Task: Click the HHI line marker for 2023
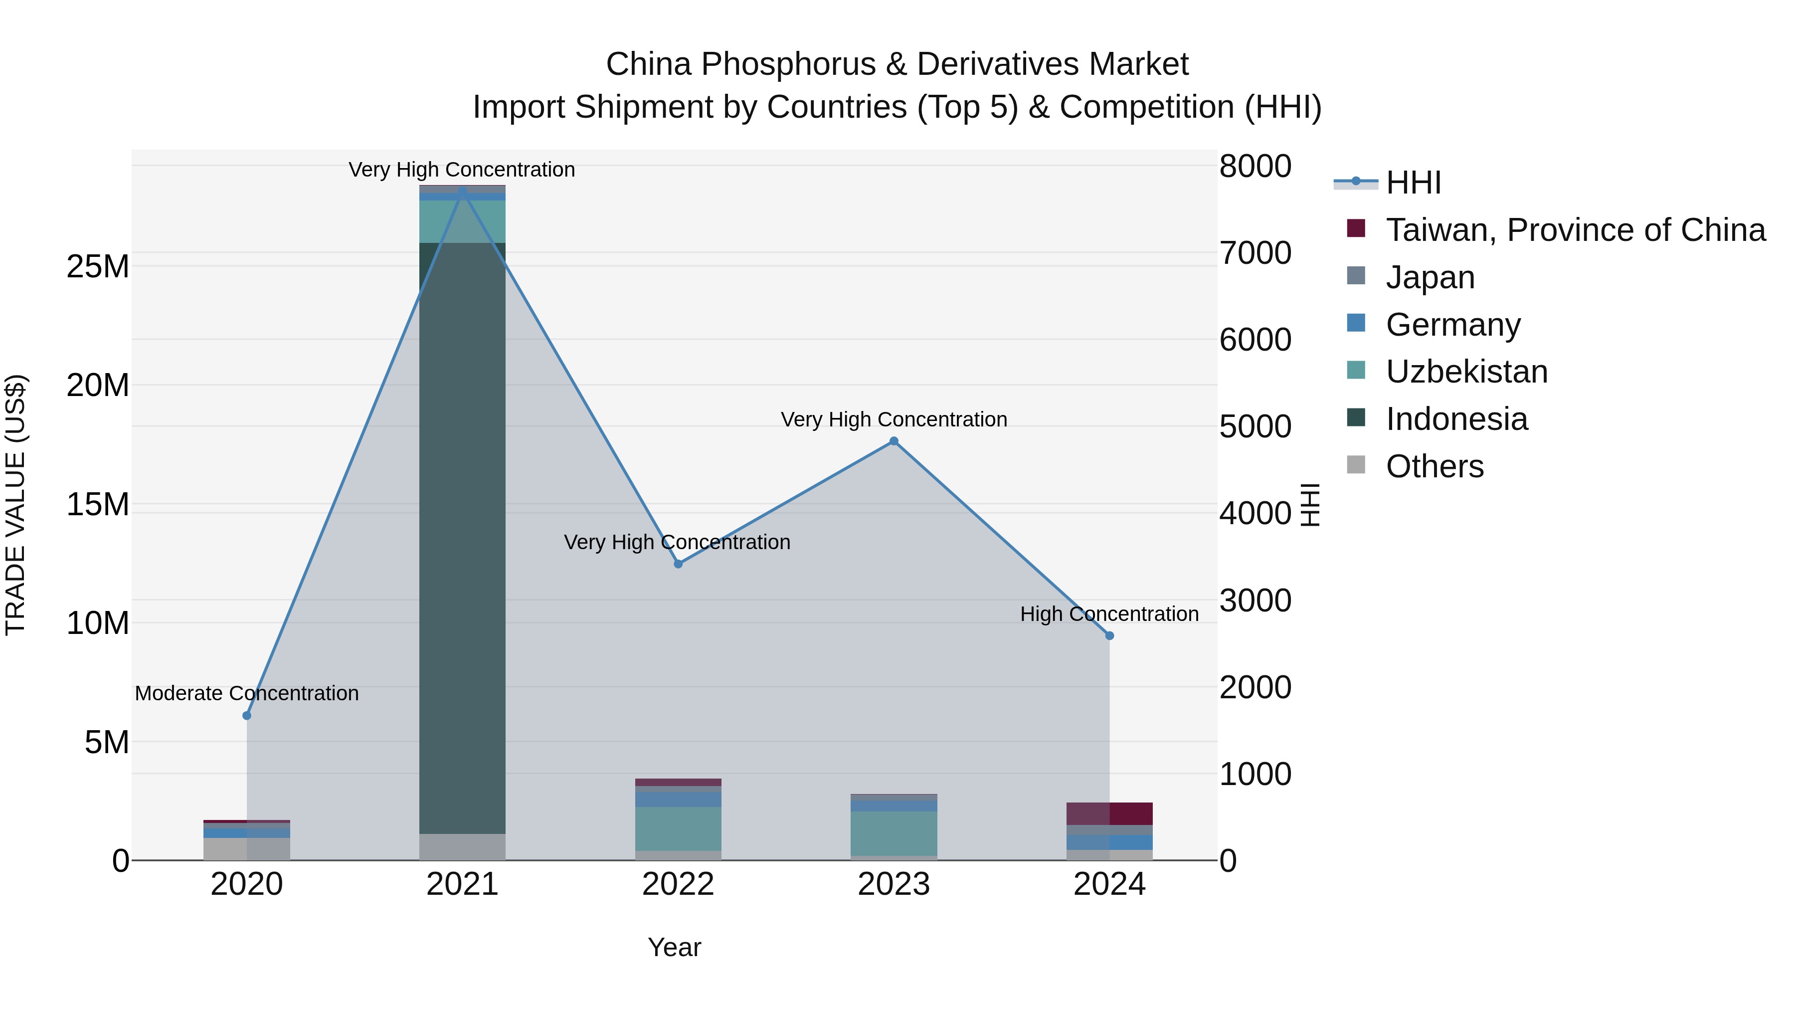pos(894,441)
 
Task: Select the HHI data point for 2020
pos(247,716)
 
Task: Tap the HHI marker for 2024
pos(1109,636)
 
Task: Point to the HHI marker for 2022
pos(678,564)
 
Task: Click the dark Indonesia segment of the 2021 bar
pos(462,537)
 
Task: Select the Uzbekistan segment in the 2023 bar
pos(894,833)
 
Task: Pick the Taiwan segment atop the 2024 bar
pos(1109,813)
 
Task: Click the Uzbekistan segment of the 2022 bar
pos(678,828)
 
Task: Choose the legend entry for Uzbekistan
pos(1466,372)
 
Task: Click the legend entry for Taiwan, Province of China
pos(1575,230)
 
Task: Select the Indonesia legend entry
pos(1456,419)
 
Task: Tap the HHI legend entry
pos(1413,183)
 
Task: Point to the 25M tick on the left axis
pos(98,266)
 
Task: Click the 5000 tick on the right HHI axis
pos(1255,426)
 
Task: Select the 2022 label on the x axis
pos(678,884)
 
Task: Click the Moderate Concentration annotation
pos(247,694)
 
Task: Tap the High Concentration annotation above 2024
pos(1109,614)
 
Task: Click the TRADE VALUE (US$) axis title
pos(15,505)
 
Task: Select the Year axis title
pos(674,947)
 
